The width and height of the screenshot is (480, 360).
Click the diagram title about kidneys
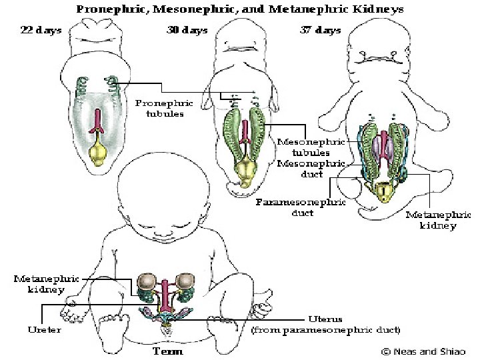click(x=239, y=10)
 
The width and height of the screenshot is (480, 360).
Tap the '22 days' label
click(x=42, y=31)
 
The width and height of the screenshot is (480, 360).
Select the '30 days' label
click(x=187, y=31)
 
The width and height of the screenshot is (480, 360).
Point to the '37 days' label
click(x=319, y=31)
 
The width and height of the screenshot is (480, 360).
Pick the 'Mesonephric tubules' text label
click(x=311, y=147)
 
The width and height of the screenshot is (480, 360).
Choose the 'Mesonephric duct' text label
click(x=311, y=169)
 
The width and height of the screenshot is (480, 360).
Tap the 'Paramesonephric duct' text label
click(x=301, y=207)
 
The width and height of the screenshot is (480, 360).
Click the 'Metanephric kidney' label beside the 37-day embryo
click(x=437, y=220)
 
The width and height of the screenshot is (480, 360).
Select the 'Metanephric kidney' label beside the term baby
click(x=46, y=284)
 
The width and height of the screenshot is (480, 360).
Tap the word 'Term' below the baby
click(x=168, y=351)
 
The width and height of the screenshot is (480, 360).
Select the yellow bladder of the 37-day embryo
click(x=385, y=193)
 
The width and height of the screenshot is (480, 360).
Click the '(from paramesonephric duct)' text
click(x=325, y=330)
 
